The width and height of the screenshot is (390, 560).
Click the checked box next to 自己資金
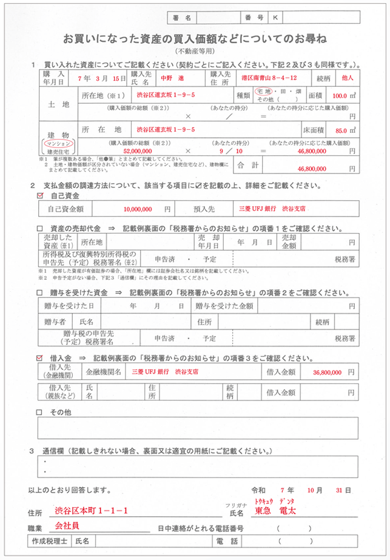(x=40, y=196)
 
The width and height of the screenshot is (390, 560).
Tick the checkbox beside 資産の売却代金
(x=40, y=229)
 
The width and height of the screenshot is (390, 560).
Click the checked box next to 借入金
(x=40, y=358)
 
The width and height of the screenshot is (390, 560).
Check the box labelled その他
(x=40, y=412)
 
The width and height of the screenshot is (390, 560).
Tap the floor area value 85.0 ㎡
(x=345, y=129)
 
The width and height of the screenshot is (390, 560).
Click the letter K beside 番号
(x=276, y=18)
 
